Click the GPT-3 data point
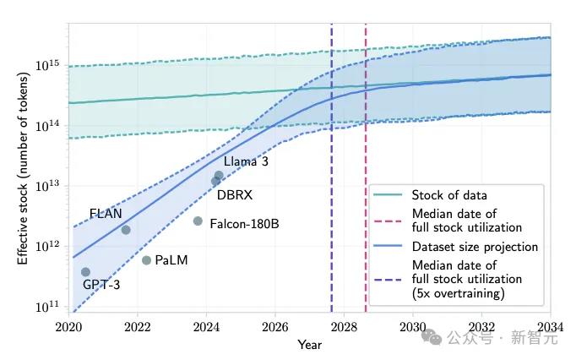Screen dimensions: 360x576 85,272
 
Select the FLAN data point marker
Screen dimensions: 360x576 126,230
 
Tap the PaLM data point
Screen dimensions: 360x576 146,260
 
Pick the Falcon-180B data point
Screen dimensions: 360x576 198,221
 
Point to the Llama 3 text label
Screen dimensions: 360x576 246,161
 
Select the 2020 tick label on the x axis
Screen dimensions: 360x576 68,326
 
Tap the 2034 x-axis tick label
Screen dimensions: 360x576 550,326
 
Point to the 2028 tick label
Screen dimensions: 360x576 344,326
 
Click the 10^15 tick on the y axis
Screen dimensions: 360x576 52,64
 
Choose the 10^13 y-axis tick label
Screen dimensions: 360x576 52,186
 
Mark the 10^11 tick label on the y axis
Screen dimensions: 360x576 52,307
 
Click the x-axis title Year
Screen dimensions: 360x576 309,344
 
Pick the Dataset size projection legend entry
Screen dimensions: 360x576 474,247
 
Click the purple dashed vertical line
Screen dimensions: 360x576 331,169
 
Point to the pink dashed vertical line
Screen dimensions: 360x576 366,169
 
